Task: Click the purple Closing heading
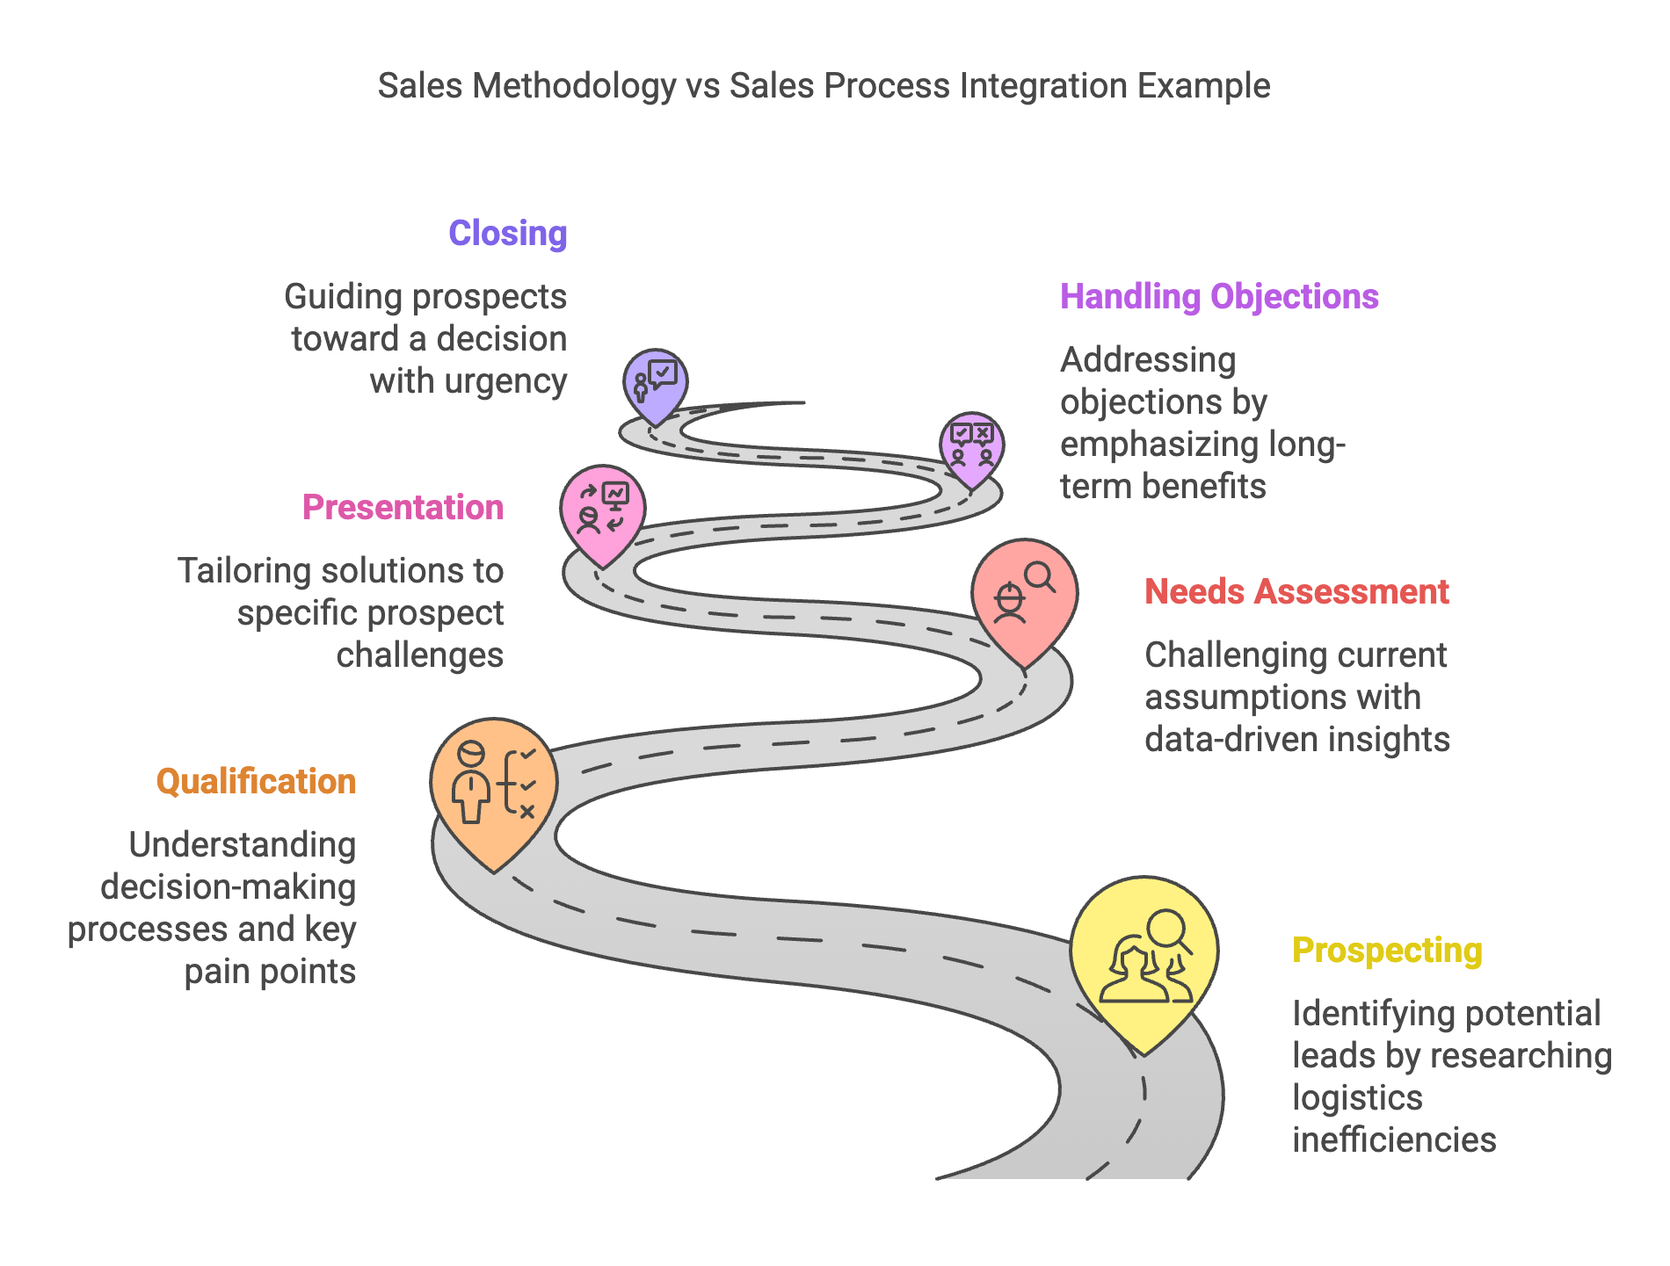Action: click(x=507, y=234)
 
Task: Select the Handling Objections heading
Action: click(x=1218, y=297)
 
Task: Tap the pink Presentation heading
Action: click(x=403, y=508)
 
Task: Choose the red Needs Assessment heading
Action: click(x=1296, y=592)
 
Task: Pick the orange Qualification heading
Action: click(x=256, y=782)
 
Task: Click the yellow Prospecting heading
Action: click(x=1386, y=951)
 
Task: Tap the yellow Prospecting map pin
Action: click(x=1144, y=958)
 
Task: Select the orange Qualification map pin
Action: click(x=493, y=786)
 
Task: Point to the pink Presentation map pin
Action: click(x=603, y=510)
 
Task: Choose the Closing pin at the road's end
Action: click(x=655, y=383)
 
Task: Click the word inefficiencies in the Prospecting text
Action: click(x=1393, y=1140)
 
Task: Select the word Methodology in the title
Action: click(x=575, y=86)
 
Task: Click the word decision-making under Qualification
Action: click(x=228, y=887)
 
